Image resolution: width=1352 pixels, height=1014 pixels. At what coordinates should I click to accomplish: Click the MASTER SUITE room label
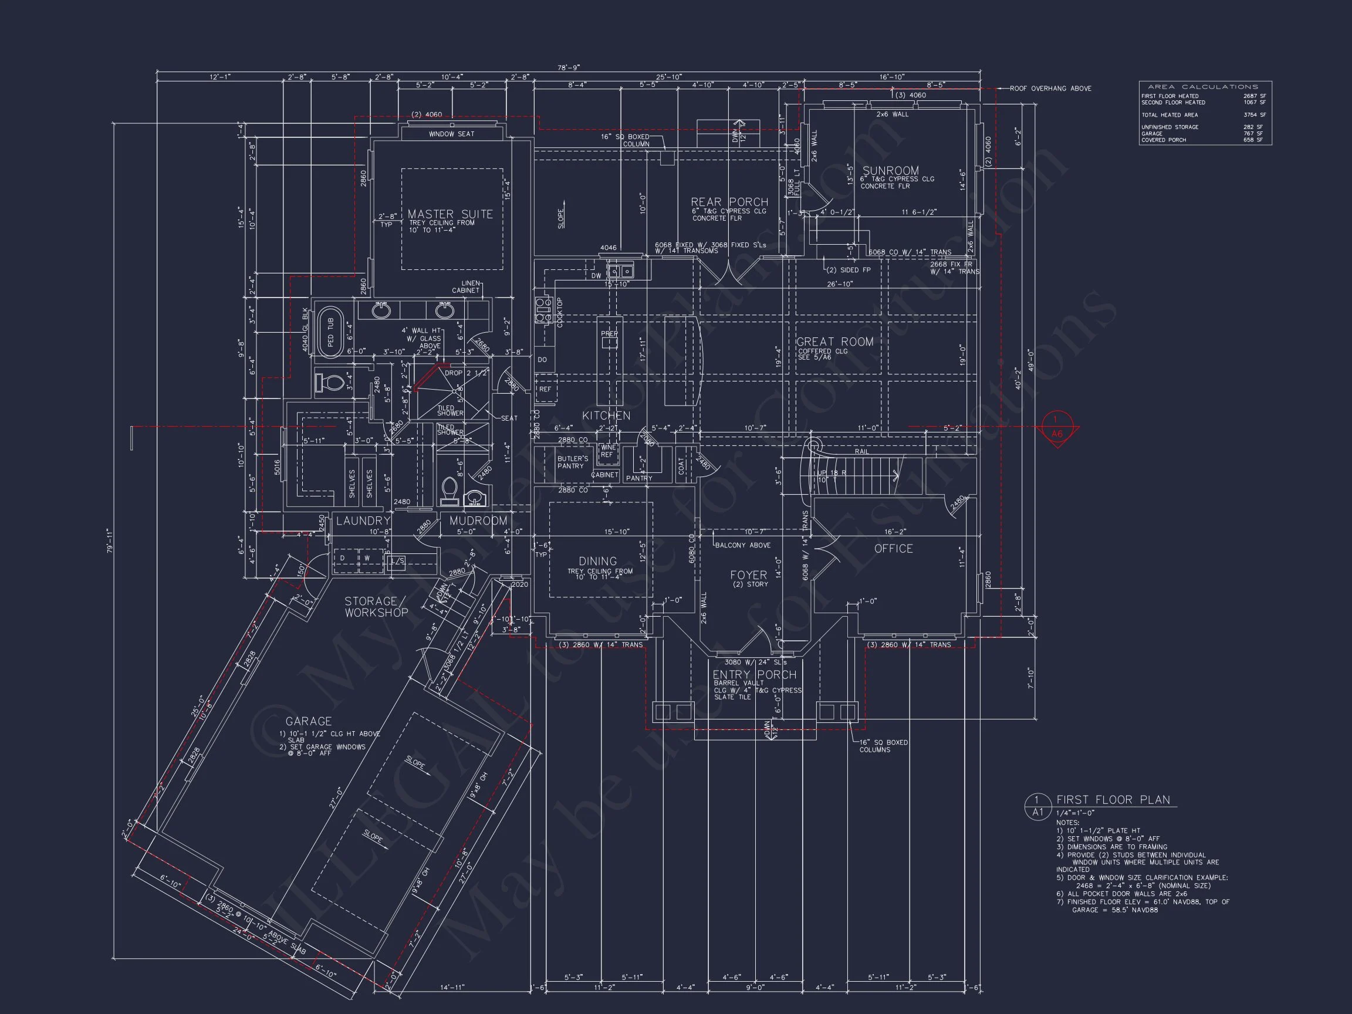[450, 214]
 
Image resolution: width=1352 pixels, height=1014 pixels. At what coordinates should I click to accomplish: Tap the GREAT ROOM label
[834, 342]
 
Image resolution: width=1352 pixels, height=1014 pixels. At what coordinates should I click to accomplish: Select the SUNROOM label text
[891, 171]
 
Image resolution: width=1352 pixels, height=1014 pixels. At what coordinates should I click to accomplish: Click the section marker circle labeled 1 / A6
[1057, 427]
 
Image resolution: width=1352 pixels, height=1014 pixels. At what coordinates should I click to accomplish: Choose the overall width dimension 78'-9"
[569, 68]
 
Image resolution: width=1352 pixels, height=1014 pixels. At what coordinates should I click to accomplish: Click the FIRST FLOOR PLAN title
[1113, 800]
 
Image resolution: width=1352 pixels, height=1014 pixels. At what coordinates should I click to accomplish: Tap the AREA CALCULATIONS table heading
[1203, 87]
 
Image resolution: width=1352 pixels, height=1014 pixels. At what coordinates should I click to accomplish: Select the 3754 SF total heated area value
[1254, 115]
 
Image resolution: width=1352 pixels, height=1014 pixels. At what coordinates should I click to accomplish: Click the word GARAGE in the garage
[308, 721]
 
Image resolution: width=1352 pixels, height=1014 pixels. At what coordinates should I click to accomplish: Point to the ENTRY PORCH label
[754, 675]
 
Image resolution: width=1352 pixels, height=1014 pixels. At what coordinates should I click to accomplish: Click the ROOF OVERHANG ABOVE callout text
[1050, 89]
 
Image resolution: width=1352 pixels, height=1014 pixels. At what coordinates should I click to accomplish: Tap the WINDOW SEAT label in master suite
[451, 134]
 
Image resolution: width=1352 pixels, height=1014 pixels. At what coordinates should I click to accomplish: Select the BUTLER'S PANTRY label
[572, 462]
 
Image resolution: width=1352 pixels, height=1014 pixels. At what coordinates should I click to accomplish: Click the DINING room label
[598, 561]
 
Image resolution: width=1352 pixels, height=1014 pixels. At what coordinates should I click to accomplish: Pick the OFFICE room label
[893, 549]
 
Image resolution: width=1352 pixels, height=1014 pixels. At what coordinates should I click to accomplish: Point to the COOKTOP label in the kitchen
[559, 312]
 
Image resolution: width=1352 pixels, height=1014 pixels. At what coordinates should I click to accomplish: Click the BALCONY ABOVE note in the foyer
[743, 545]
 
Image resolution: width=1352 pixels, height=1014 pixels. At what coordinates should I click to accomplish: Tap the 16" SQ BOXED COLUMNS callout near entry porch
[883, 746]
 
